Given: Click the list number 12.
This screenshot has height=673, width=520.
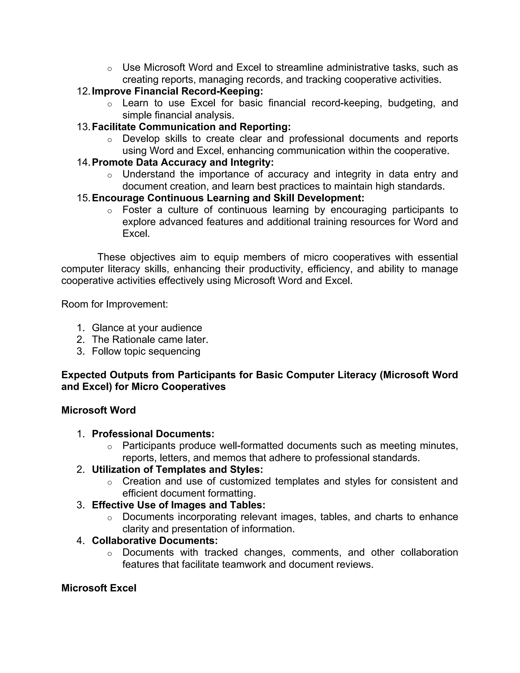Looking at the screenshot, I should pos(83,91).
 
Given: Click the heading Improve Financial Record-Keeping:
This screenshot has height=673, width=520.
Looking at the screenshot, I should pos(177,91).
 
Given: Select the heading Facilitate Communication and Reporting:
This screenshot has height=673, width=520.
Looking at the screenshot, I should pos(191,127).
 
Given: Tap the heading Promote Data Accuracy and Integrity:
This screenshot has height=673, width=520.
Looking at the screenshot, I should pos(182,162).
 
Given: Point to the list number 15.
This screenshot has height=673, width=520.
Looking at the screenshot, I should pos(83,198).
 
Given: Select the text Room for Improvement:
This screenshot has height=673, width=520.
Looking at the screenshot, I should pos(115,304).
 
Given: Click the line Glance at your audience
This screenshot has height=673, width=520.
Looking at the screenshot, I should pos(147,328).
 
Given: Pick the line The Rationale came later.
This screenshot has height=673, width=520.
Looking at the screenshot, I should pos(150,340).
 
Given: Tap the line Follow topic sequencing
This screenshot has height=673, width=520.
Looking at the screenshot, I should pos(146,351).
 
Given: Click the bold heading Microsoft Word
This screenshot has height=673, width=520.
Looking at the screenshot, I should pos(98,410).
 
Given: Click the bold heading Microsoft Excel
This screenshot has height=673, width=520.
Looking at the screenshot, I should pos(99,588).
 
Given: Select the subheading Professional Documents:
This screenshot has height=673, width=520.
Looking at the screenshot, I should pos(153,434).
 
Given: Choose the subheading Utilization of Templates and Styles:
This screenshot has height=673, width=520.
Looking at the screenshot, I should pos(177,469).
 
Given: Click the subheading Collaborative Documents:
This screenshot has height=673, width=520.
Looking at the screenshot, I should pos(155,540).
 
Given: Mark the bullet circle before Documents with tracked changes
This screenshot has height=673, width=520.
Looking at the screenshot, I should pos(109,554).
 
